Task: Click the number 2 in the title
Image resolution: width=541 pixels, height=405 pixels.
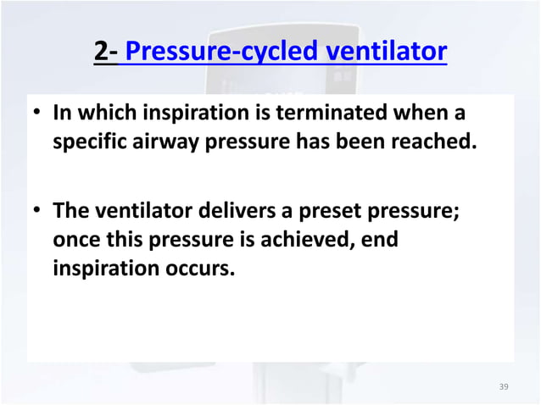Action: [103, 53]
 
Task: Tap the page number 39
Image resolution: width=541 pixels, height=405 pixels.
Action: [504, 387]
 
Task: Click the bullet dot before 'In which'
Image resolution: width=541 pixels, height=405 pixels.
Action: [39, 114]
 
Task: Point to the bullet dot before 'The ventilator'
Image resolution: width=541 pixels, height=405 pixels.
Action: [39, 211]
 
